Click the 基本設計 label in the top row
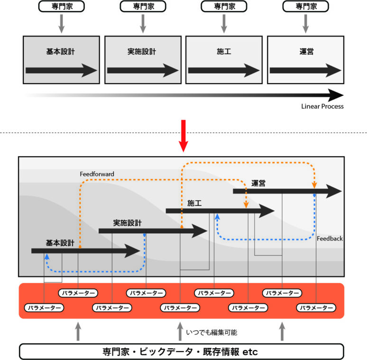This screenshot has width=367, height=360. [x=60, y=51]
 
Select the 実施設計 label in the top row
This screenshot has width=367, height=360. [x=142, y=51]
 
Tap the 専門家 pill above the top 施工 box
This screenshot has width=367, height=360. [x=224, y=7]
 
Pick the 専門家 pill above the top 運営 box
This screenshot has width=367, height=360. [x=305, y=7]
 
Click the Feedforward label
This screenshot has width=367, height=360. [x=97, y=174]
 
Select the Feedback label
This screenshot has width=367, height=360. [x=330, y=239]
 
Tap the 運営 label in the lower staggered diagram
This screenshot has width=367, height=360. [x=258, y=183]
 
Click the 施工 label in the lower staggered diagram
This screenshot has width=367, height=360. [x=194, y=203]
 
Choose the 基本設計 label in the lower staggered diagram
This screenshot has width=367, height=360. [x=60, y=243]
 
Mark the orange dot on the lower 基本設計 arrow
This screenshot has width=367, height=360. [x=79, y=247]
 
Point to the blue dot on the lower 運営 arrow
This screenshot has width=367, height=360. [x=314, y=195]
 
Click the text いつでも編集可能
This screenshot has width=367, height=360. [x=211, y=332]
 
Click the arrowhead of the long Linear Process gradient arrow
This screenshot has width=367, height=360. [x=335, y=94]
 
